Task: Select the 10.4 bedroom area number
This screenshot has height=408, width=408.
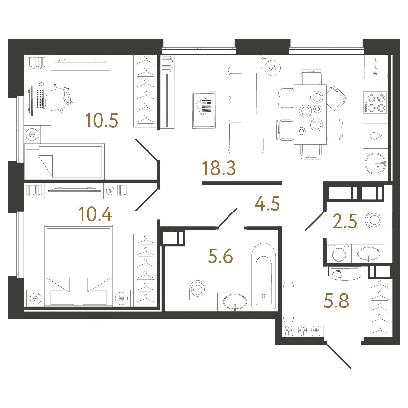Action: [95, 214]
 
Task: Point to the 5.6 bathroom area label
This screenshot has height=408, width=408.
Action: [220, 256]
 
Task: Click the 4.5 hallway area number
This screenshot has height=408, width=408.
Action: [267, 204]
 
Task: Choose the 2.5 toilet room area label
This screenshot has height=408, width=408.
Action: [345, 221]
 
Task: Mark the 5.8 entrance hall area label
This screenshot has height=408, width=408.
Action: [336, 301]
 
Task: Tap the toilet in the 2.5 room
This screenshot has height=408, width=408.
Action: [374, 220]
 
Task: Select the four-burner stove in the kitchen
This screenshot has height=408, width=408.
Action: [375, 103]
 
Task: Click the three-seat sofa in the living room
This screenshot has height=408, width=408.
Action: [246, 110]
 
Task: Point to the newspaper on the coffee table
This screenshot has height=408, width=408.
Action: [204, 106]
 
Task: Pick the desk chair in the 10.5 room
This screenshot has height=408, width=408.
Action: [62, 99]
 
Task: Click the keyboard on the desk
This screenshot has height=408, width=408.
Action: [40, 99]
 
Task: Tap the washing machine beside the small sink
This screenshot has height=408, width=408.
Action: [339, 254]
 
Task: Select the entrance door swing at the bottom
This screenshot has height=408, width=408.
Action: [339, 356]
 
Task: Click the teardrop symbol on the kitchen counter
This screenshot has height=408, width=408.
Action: [376, 136]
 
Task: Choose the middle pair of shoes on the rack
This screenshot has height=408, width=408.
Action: [302, 331]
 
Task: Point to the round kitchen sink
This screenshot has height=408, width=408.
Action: [375, 164]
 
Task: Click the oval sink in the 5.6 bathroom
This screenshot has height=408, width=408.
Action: [235, 302]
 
